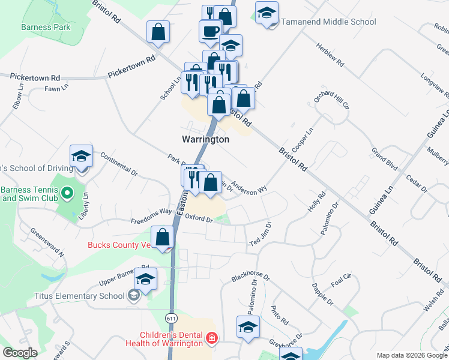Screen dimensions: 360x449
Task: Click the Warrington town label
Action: tap(205, 139)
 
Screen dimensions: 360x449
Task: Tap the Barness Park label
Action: tap(46, 27)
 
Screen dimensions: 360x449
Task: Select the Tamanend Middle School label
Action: tap(328, 22)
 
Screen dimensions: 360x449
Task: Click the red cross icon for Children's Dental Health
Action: tap(211, 340)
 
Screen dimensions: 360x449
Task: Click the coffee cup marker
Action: tap(211, 32)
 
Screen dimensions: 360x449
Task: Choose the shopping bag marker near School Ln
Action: tap(158, 33)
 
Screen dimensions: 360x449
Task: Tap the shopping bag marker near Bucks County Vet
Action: tap(163, 238)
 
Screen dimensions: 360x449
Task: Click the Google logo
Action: tap(20, 353)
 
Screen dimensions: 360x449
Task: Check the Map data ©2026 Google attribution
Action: tap(412, 355)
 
